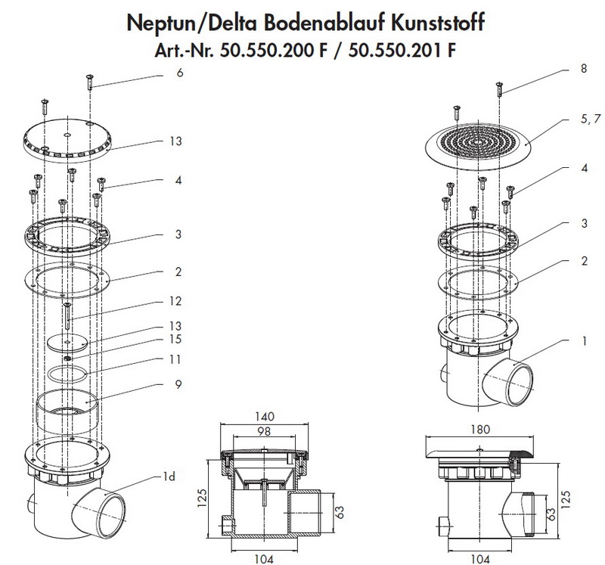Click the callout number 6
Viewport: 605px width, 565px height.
tap(179, 73)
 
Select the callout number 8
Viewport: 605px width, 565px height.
tap(583, 68)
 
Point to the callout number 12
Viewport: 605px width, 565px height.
tap(175, 301)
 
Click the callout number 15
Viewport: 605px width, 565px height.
tap(175, 338)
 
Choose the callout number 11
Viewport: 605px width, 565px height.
tap(175, 359)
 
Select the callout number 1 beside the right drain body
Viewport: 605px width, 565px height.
tap(584, 341)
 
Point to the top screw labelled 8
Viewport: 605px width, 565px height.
tap(500, 89)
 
